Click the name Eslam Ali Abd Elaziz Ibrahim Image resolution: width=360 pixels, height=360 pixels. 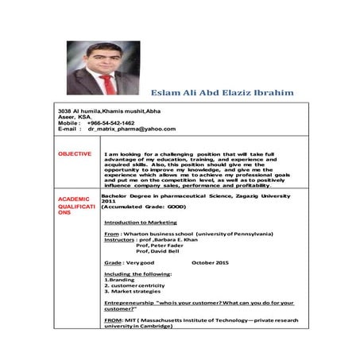222,93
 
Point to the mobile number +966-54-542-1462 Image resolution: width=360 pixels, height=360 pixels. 110,123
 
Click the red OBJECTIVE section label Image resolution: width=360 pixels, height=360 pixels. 75,153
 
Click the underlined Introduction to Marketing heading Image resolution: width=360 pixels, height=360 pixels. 141,223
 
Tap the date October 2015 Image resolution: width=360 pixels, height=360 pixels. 211,261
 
